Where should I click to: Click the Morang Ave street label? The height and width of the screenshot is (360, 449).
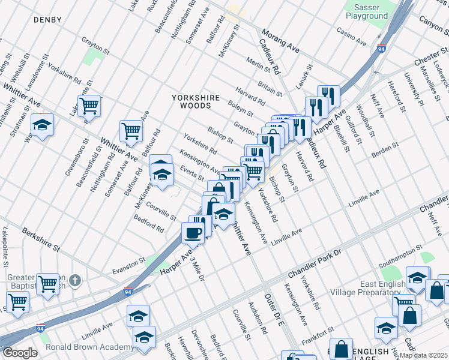[x=279, y=40]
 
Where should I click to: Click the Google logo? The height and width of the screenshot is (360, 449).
[x=20, y=352]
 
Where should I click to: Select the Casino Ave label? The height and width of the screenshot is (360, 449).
[x=351, y=37]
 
